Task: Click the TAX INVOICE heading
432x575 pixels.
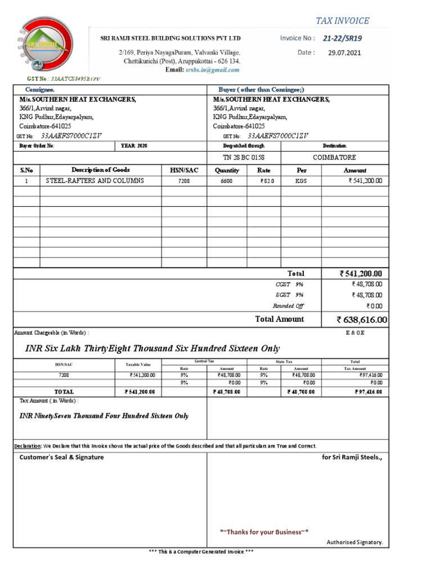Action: coord(342,21)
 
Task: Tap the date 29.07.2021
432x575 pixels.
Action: coord(344,53)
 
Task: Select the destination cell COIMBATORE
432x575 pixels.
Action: coord(334,157)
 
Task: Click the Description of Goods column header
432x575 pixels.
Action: coord(100,170)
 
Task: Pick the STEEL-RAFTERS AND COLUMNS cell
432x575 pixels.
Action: coord(94,181)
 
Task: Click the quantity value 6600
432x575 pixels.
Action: coord(227,181)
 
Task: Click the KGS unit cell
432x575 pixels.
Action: coord(301,181)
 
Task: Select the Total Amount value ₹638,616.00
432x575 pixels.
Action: coord(362,320)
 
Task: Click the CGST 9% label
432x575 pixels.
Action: coord(289,285)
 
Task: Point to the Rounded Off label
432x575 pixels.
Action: coord(288,306)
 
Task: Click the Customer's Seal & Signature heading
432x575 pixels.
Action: coord(62,458)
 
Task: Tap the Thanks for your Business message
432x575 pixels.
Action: coord(264,532)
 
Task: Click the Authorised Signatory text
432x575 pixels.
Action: coord(354,542)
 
